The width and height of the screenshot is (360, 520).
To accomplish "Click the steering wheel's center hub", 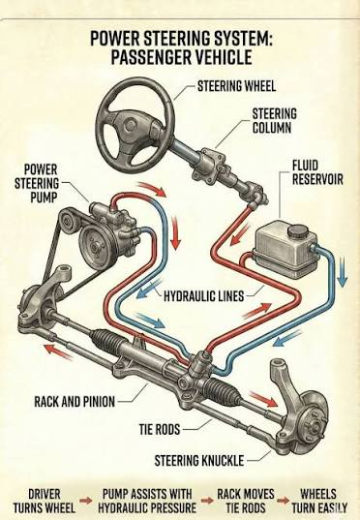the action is coord(130,126).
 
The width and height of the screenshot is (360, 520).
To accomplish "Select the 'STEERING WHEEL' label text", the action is coord(237,86).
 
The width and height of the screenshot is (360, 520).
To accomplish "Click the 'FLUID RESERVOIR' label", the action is coord(317,172).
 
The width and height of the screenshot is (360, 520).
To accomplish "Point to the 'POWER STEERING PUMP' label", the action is coord(37,183).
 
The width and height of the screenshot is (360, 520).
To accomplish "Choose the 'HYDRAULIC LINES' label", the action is coord(204,295).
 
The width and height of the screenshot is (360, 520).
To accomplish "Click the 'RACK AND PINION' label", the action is coord(75,402).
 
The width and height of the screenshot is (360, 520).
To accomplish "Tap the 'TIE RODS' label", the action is coord(160,430).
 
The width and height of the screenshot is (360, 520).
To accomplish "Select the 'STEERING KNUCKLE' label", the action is coord(199,461).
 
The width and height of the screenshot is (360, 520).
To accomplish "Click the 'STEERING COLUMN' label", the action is coord(275,121).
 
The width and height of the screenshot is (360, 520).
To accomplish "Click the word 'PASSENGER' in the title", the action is coord(151,57).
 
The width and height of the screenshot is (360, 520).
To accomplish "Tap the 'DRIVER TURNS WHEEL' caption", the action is coord(45,501).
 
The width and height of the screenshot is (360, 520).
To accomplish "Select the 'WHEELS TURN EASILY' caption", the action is coord(319,501).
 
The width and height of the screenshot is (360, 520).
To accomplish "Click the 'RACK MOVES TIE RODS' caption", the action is coord(246,501).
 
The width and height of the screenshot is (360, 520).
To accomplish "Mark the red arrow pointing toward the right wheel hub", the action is coord(263,399).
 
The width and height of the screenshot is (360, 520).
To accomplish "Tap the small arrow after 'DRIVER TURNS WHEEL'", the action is coord(86,501).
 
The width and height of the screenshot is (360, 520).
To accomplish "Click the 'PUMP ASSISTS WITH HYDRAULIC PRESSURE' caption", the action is coord(147,501).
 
